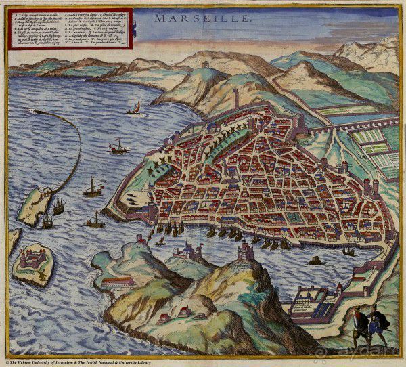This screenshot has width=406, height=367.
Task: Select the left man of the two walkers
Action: [x=357, y=322]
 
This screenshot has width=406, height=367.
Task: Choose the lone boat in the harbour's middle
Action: [x=315, y=260]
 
